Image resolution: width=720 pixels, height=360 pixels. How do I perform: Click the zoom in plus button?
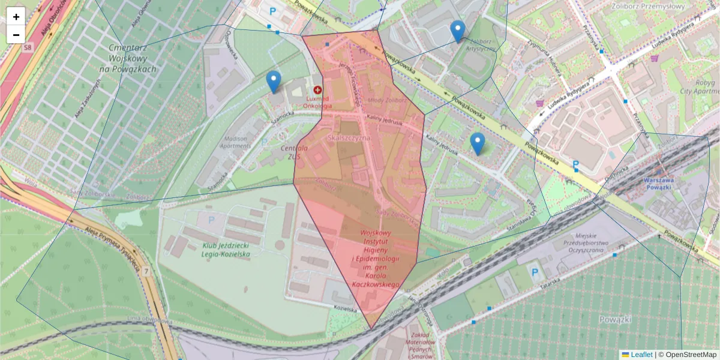pyautogui.click(x=16, y=17)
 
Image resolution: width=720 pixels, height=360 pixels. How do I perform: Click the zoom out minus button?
pyautogui.click(x=16, y=35)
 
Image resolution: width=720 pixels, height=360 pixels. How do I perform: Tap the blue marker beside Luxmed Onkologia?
pyautogui.click(x=274, y=82)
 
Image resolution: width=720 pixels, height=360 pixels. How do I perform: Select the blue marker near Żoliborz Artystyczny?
pyautogui.click(x=458, y=31)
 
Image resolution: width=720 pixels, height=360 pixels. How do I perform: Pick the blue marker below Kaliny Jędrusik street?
pyautogui.click(x=478, y=143)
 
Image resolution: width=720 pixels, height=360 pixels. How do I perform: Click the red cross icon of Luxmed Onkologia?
pyautogui.click(x=317, y=89)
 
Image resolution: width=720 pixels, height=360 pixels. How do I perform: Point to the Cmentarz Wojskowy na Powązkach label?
pyautogui.click(x=133, y=58)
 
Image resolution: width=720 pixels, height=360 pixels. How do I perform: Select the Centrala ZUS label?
pyautogui.click(x=294, y=152)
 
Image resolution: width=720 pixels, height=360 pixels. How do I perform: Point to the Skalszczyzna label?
pyautogui.click(x=350, y=137)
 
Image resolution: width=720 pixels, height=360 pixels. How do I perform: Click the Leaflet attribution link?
pyautogui.click(x=641, y=355)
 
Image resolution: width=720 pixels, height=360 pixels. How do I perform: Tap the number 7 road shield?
pyautogui.click(x=146, y=272)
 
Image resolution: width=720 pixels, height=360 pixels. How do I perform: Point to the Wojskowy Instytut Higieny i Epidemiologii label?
pyautogui.click(x=376, y=258)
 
